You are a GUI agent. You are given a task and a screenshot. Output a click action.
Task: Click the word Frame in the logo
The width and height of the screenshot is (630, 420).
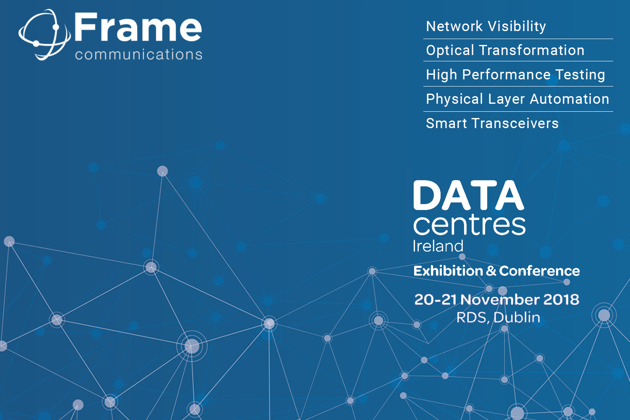(x=138, y=28)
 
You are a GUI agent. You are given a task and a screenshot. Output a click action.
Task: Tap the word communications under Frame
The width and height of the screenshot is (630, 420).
(x=139, y=54)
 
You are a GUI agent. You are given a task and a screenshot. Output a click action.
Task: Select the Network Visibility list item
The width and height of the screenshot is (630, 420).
(x=486, y=26)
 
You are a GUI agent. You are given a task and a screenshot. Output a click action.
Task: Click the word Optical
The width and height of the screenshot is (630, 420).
(x=450, y=51)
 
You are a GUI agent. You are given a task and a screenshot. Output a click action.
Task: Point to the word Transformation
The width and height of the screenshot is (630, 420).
(x=532, y=50)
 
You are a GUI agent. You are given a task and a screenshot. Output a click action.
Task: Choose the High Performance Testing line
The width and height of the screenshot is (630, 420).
(x=515, y=75)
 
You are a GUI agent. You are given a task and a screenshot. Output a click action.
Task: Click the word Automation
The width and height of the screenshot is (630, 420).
(x=570, y=99)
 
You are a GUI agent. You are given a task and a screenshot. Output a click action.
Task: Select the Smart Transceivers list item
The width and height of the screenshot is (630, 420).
(x=492, y=123)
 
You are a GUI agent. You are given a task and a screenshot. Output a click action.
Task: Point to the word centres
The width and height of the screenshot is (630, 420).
(x=469, y=225)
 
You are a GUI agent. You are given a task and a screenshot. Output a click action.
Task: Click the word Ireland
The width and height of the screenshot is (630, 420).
(x=438, y=246)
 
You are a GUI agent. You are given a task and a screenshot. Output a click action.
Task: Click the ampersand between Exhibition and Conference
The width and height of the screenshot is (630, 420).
(x=491, y=271)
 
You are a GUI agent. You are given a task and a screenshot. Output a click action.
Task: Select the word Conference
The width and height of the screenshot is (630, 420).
(x=539, y=271)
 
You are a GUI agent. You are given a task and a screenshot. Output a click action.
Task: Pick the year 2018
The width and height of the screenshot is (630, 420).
(x=562, y=299)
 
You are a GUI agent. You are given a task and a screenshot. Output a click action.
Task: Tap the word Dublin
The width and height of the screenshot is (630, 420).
(x=517, y=318)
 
